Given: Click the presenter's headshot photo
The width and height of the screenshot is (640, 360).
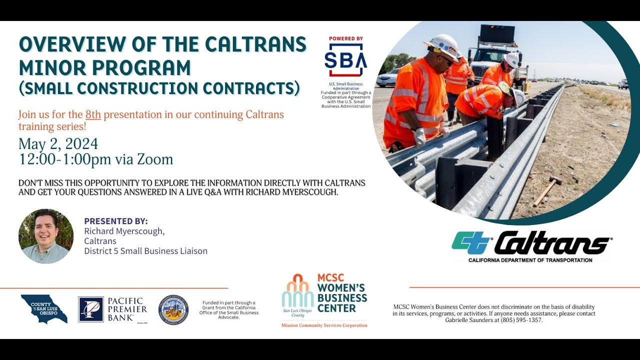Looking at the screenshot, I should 46,236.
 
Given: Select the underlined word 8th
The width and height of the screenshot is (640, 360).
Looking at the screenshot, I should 93,114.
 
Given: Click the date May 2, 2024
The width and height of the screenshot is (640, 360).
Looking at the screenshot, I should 58,144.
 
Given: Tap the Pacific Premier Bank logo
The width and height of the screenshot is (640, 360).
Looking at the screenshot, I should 113,309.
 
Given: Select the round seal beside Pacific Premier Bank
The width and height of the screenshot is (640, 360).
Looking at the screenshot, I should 173,309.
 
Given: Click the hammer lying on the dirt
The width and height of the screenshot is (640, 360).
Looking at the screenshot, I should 547,190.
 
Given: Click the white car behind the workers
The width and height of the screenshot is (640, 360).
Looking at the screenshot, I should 388,78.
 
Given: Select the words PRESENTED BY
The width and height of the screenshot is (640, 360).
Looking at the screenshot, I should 116,221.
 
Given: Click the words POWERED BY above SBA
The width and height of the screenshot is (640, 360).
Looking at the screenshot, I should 345,38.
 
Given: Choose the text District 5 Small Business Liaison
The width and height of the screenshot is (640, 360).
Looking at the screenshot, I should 145,251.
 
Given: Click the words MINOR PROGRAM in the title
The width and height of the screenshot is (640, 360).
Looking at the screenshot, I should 105,67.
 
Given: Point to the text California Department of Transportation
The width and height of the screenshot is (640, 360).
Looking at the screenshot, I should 530,260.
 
